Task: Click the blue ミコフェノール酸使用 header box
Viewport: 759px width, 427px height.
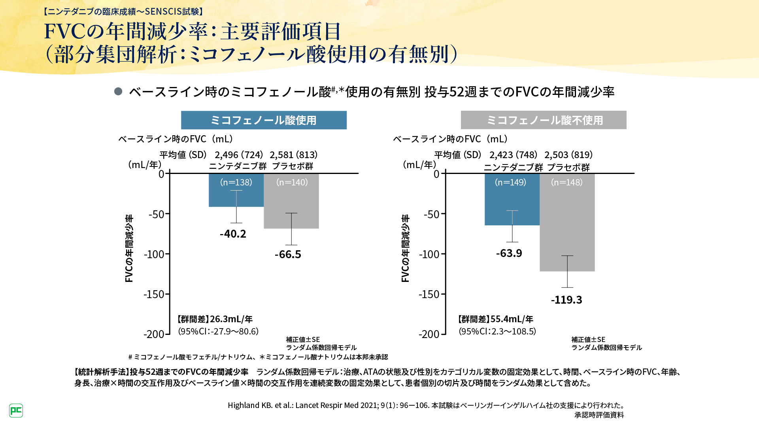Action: [x=264, y=120]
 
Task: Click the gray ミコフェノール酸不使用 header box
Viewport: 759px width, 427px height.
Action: [x=544, y=120]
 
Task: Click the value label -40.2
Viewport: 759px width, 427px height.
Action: [x=233, y=234]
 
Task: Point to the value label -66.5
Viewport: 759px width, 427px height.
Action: [x=288, y=254]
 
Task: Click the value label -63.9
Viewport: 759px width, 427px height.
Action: [x=509, y=253]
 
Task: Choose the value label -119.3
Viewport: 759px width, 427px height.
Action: [x=566, y=300]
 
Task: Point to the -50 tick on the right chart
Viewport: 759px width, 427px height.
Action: [x=431, y=214]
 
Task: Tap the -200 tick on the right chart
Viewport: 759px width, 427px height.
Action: [x=429, y=334]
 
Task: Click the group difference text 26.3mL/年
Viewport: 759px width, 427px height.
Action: [x=231, y=319]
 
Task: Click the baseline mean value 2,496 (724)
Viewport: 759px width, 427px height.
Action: [x=239, y=155]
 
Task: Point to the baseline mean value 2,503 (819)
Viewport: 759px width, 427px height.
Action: [x=568, y=155]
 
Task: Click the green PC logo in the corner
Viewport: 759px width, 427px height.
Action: [x=16, y=410]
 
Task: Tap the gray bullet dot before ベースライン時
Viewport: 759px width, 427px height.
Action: [x=118, y=91]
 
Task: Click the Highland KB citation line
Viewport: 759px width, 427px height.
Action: [x=426, y=405]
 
